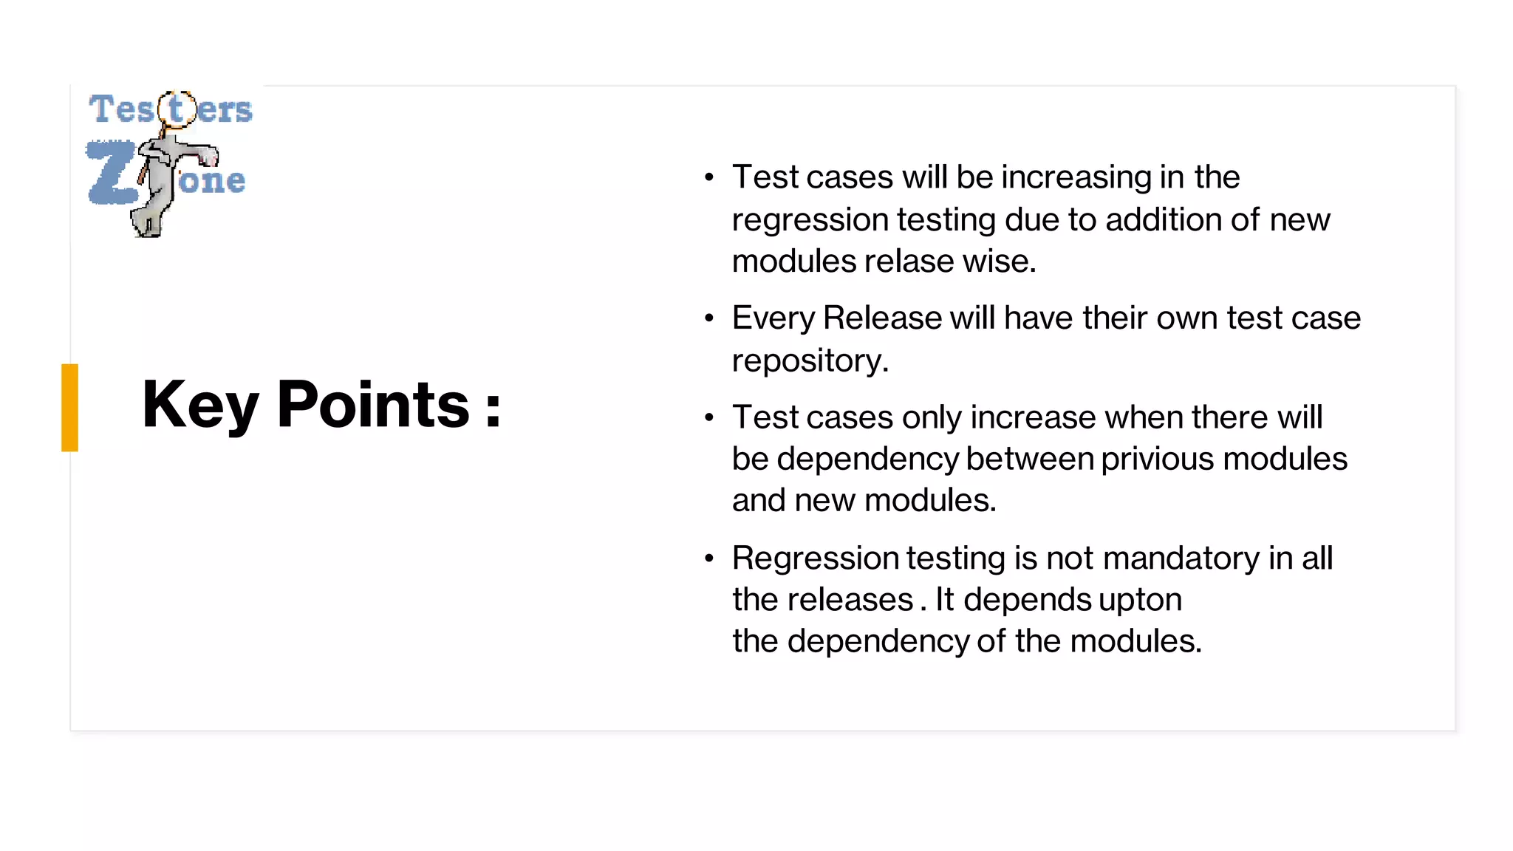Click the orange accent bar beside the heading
coord(69,407)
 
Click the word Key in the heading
coord(199,405)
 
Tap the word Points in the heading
coord(373,405)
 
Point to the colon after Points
coord(493,409)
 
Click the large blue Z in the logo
coord(111,172)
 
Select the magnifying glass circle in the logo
coord(177,109)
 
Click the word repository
coord(810,361)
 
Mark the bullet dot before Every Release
coord(709,318)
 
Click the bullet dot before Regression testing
coord(709,558)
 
